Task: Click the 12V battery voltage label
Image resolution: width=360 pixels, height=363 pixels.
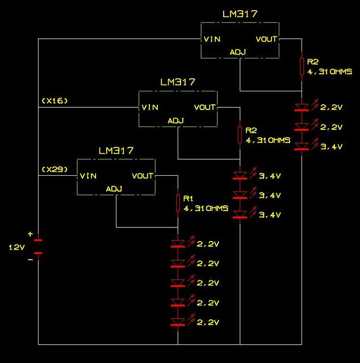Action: (x=16, y=247)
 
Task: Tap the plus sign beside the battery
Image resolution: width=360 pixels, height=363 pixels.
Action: (x=30, y=234)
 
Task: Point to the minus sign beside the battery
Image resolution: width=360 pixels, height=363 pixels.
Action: (x=30, y=260)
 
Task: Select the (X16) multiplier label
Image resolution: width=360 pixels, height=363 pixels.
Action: (x=55, y=100)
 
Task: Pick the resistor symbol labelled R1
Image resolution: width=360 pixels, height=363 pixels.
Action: (x=178, y=202)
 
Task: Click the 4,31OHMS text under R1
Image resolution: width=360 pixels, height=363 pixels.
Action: (x=206, y=209)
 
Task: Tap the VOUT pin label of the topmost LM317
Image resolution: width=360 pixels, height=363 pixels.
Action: (x=266, y=39)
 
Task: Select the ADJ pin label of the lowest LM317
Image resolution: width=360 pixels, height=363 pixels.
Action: (x=116, y=189)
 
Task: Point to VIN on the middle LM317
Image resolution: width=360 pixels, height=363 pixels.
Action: (x=150, y=107)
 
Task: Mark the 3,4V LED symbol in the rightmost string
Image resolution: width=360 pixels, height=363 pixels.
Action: (x=302, y=146)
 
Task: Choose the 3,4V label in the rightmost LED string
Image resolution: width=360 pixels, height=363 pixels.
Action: (x=332, y=146)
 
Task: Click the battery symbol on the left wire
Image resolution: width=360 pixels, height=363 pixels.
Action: (x=38, y=246)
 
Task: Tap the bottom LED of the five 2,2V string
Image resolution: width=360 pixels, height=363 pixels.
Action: (x=178, y=322)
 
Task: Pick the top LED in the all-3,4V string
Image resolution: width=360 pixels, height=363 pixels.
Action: (x=241, y=175)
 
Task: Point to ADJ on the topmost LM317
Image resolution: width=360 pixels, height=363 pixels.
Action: (x=238, y=52)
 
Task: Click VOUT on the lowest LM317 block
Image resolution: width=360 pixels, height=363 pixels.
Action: (x=143, y=176)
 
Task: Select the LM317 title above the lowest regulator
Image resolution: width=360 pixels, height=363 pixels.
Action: (x=116, y=151)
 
